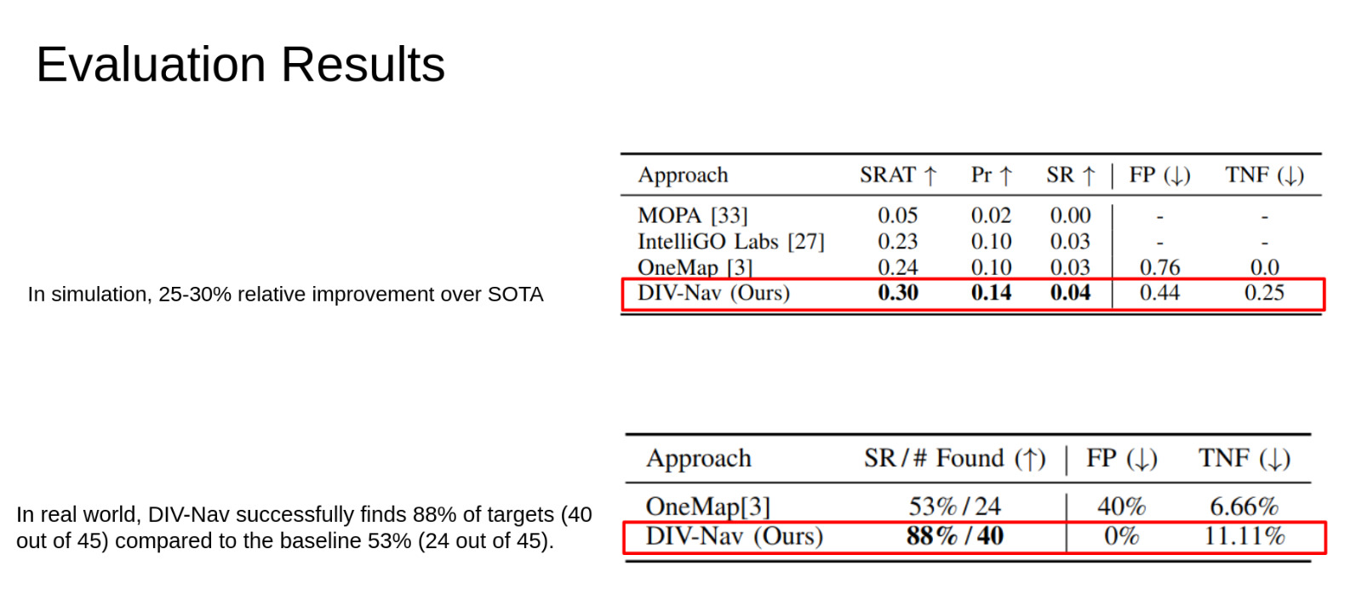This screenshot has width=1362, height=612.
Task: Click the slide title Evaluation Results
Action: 240,65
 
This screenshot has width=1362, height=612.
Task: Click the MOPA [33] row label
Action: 692,215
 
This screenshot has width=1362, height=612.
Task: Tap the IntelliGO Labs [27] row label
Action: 730,242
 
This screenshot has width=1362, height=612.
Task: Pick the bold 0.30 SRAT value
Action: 898,293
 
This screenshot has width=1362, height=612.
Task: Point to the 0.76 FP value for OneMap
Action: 1159,267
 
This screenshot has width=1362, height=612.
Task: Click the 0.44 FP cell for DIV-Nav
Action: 1159,293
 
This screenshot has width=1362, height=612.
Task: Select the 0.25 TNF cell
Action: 1264,293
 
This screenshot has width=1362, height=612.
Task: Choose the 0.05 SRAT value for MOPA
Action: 898,215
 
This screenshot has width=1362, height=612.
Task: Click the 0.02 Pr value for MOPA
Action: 991,215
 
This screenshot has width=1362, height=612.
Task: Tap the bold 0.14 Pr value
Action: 991,293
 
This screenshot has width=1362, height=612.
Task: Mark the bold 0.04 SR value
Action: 1070,293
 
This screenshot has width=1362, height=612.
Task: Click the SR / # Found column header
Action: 954,459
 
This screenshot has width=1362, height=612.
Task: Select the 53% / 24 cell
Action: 954,506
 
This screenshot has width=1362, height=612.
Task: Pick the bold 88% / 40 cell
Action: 954,536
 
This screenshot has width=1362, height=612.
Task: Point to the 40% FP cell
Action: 1121,506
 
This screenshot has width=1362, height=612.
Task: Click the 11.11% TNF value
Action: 1244,536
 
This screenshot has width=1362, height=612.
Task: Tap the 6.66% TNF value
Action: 1244,506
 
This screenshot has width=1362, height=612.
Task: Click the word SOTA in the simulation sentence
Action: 515,295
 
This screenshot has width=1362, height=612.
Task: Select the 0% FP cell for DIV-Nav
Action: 1121,536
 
